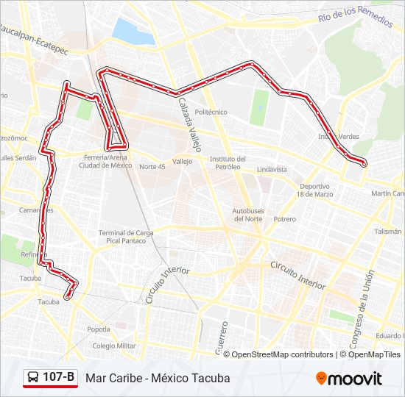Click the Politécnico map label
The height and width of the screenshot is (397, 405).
211,112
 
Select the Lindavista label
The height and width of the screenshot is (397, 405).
272,169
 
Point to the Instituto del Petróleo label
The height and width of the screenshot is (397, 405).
228,162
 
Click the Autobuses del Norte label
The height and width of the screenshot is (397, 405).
248,215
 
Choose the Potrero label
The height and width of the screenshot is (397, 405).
284,219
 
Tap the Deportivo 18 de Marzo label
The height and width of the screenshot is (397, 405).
315,190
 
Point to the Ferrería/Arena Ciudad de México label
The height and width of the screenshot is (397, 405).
106,162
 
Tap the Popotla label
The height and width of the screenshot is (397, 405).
99,329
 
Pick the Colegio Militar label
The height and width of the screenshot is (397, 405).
114,346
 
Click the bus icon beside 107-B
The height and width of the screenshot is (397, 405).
34,378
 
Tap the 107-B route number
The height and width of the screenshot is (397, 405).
59,378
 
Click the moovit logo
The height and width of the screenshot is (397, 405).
349,379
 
